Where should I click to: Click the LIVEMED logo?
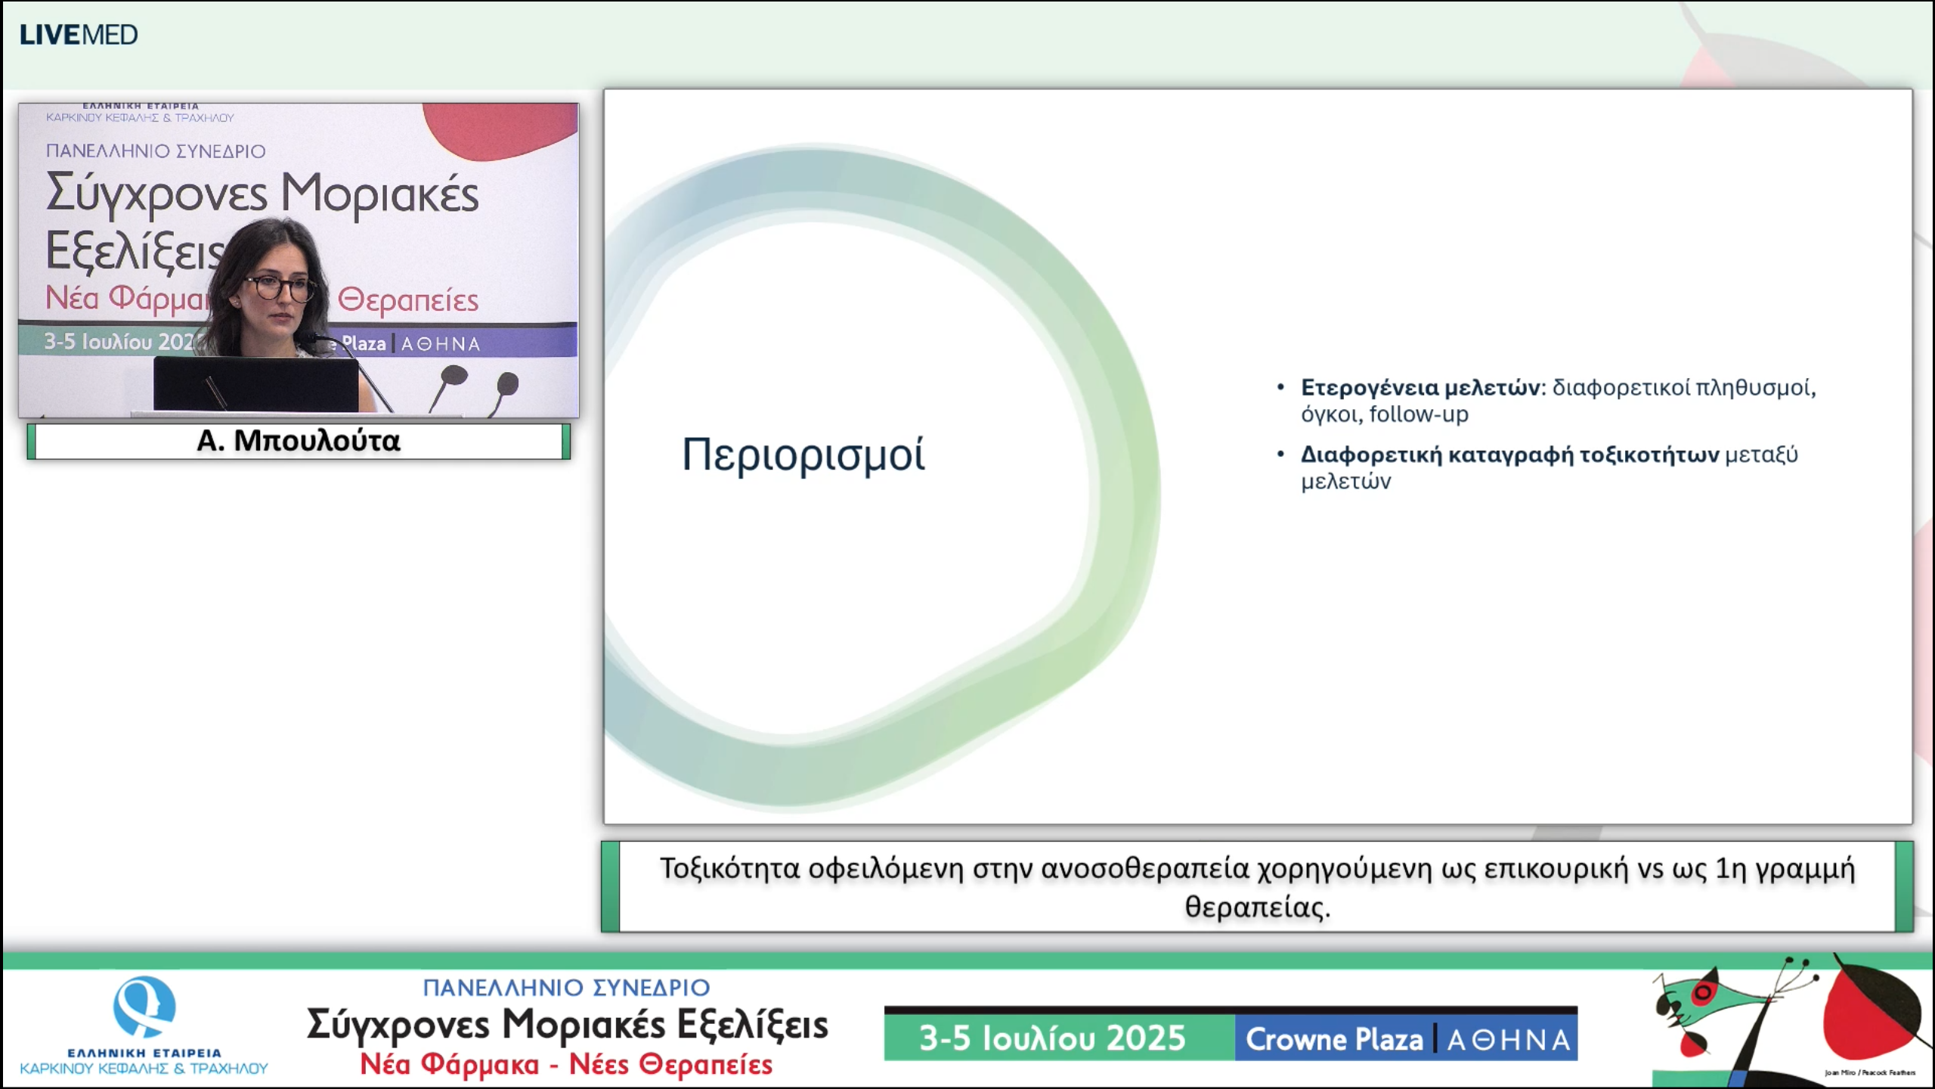pos(79,35)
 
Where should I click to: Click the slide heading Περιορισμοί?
pos(803,455)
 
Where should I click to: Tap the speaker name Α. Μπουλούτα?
pos(298,441)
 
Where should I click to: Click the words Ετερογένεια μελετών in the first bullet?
pos(1420,388)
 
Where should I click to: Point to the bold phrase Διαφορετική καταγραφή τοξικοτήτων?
pos(1509,455)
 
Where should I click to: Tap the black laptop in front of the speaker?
pos(255,384)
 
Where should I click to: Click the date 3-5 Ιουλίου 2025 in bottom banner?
pos(1052,1038)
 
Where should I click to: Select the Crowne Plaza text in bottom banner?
pos(1334,1040)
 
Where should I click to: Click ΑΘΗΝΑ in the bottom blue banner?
pos(1508,1041)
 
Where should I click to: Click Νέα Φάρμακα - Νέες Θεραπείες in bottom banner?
pos(565,1065)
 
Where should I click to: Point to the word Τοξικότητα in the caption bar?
pos(729,869)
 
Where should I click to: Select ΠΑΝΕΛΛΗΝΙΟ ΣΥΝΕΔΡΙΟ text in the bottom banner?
pos(565,988)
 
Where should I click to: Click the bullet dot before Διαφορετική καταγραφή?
pos(1280,455)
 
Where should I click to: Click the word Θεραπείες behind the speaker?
pos(407,301)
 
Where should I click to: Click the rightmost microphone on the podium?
pos(508,384)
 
